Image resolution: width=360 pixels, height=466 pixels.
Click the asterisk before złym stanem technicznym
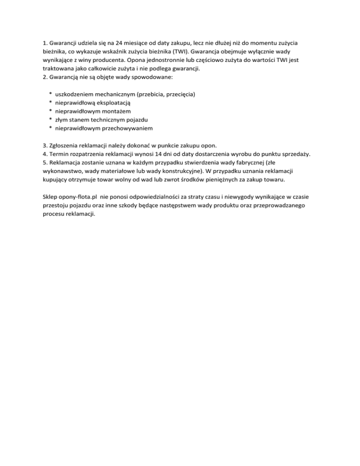[50, 120]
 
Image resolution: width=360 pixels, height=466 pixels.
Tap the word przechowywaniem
[125, 128]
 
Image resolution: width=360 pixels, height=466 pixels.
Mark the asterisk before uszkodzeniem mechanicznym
[50, 95]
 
